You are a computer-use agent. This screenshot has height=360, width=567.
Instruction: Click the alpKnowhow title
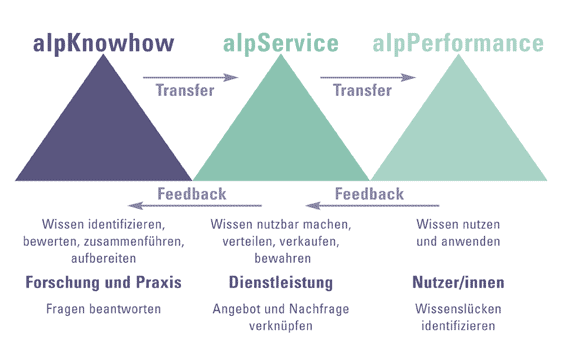103,44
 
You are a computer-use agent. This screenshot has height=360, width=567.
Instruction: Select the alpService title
281,44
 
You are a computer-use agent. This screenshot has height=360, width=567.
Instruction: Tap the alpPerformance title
458,44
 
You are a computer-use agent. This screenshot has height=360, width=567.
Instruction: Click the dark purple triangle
103,137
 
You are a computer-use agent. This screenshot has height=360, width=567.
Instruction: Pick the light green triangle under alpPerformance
459,137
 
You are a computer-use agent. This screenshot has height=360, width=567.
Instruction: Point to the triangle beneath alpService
281,137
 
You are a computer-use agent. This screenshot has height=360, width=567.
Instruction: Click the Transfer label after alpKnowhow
185,90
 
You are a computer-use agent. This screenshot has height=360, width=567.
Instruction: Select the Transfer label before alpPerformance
362,90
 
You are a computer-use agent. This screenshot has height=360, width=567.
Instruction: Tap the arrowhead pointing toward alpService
231,77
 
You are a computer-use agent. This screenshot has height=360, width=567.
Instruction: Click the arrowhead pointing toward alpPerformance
408,77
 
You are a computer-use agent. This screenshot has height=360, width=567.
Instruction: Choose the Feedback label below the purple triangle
192,194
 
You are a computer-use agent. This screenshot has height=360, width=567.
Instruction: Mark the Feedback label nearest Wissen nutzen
369,194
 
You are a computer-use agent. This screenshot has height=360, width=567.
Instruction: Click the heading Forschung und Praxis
103,283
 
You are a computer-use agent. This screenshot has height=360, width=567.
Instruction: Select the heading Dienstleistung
281,283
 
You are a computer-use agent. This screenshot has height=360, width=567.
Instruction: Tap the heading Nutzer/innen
458,283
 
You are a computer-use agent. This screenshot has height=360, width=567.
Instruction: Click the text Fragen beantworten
103,309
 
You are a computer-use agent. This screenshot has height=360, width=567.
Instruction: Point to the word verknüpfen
281,326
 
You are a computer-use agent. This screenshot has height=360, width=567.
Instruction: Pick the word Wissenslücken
458,309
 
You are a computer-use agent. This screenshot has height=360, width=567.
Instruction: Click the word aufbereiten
103,258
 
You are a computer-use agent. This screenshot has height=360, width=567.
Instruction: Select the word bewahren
282,258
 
